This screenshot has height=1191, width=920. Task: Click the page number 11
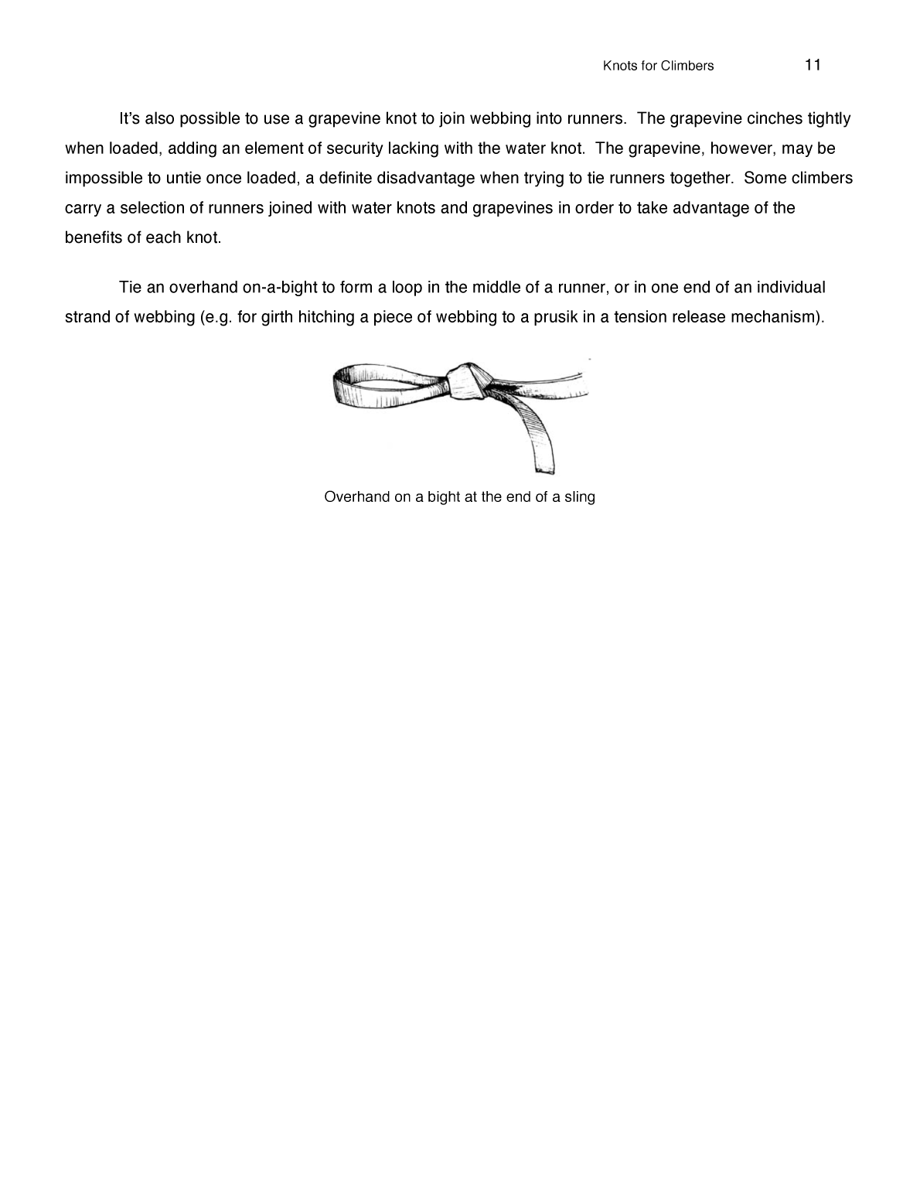tap(813, 65)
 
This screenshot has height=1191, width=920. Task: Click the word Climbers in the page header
tap(687, 66)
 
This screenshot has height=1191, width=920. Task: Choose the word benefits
tap(94, 237)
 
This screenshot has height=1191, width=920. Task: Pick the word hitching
tap(327, 318)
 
